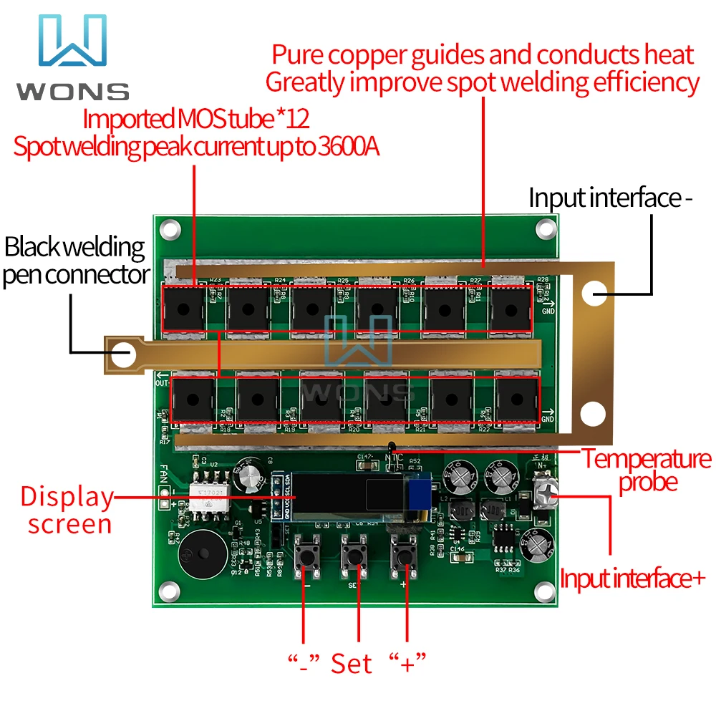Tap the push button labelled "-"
point(311,556)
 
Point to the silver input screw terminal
point(546,495)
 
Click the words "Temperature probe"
point(647,470)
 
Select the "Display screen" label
point(67,510)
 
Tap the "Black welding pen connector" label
point(75,261)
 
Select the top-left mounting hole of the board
point(169,230)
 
